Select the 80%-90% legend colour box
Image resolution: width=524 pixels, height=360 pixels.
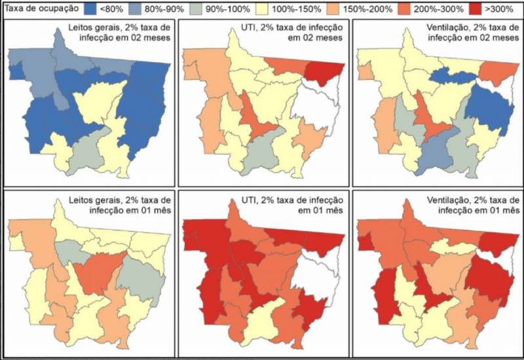(x=160, y=10)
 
